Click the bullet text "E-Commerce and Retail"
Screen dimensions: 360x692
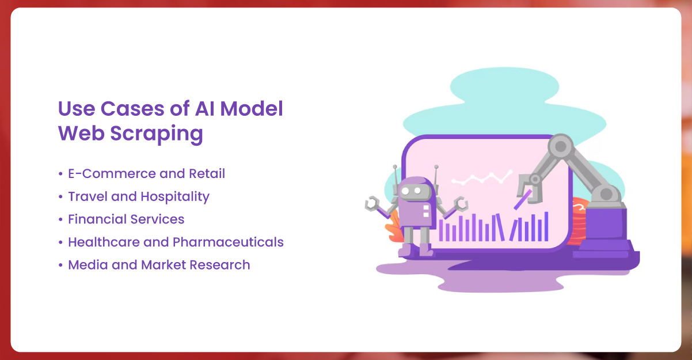coord(146,173)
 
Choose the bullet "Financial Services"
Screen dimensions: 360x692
coord(126,219)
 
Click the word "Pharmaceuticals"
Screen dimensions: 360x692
coord(228,242)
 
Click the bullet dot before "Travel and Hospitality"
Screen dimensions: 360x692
coord(60,197)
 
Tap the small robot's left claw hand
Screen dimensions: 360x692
coord(372,203)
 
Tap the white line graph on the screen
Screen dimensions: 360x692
coord(481,178)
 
